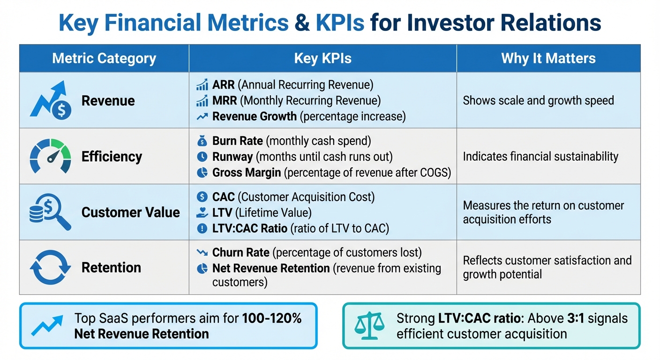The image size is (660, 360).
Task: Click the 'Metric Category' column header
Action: pos(104,59)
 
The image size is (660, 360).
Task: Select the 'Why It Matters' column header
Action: pos(548,59)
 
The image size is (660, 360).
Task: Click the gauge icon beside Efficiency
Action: pos(51,156)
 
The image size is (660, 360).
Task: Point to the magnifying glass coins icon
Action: pos(51,212)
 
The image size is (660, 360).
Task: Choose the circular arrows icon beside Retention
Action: pos(51,267)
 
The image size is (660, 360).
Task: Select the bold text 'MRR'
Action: pos(225,101)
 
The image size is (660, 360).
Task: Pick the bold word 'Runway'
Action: pos(233,157)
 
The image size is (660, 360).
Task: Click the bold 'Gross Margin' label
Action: pos(247,172)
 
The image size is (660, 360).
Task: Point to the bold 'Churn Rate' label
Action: pos(241,253)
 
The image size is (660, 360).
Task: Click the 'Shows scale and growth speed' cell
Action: pos(538,100)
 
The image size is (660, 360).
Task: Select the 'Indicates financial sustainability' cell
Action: pos(540,157)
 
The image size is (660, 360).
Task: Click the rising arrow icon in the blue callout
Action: pos(47,326)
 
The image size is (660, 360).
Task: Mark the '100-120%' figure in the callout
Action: pos(272,319)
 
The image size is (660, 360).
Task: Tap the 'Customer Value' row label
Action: pos(130,212)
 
